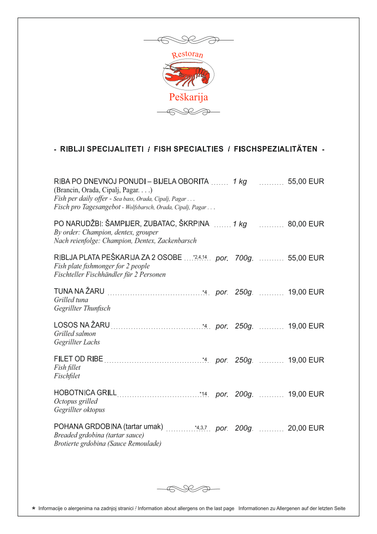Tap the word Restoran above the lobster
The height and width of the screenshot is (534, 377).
[187, 54]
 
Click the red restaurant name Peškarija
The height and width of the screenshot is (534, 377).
[188, 97]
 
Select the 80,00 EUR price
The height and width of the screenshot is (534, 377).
[306, 224]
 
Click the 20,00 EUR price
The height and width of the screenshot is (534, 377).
[306, 428]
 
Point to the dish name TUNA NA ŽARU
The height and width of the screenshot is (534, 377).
[79, 292]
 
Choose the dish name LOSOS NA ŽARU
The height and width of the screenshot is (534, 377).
[82, 326]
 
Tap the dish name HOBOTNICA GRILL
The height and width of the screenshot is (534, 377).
[85, 394]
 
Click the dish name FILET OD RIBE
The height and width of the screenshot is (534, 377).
[78, 359]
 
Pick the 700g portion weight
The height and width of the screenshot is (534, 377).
[243, 258]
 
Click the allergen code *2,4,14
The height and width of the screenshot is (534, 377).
[200, 257]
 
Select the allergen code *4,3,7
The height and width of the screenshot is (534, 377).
[201, 428]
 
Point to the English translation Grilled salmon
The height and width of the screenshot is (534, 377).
[75, 334]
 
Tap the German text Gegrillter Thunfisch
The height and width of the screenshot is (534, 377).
[82, 308]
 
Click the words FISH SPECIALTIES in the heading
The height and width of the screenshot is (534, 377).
[188, 149]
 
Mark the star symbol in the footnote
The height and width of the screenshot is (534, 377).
[33, 508]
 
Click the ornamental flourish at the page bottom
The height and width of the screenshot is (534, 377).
[188, 488]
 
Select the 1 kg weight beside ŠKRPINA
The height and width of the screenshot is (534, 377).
[240, 224]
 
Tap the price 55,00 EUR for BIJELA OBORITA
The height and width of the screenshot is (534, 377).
[306, 181]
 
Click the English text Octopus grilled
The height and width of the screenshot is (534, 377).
[76, 402]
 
